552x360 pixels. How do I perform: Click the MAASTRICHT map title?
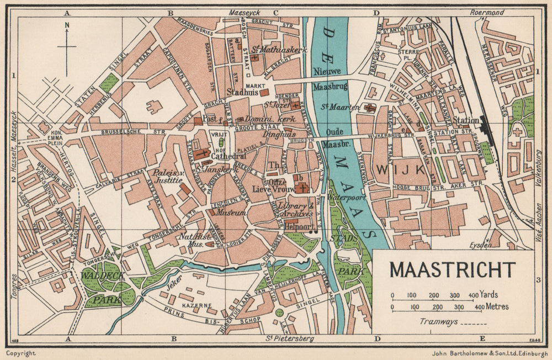(x=453, y=270)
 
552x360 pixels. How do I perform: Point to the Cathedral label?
(x=228, y=156)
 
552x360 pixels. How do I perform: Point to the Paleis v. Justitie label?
(x=168, y=175)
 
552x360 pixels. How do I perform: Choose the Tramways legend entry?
(x=439, y=321)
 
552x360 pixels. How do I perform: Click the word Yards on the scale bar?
(x=489, y=295)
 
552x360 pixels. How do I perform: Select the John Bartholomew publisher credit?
(x=478, y=353)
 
